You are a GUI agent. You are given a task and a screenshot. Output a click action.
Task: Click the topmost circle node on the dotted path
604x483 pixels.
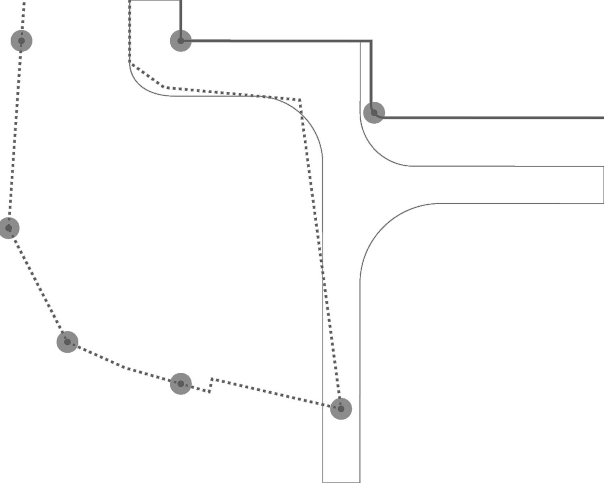(21, 41)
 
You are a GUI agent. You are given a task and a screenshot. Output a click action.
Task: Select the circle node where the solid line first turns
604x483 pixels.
(180, 41)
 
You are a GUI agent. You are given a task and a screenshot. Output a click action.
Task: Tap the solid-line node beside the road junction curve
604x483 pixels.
(374, 113)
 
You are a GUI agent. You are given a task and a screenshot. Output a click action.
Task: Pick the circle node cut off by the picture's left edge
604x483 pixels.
(8, 227)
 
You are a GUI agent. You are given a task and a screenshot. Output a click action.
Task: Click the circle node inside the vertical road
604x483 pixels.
(341, 409)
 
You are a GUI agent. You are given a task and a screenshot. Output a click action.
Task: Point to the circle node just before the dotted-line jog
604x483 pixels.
(180, 384)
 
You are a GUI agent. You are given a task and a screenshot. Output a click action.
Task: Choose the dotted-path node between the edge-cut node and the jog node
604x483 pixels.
(67, 342)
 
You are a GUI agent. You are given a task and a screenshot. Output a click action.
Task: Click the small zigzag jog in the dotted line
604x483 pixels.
(211, 385)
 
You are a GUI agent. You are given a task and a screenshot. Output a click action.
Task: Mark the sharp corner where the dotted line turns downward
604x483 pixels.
(300, 100)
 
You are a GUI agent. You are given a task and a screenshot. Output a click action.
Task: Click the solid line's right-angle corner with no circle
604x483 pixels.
(371, 41)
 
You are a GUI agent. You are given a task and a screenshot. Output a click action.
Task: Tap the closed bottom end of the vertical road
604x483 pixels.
(341, 482)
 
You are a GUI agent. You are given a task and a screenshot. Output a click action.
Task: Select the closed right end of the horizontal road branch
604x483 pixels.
(603, 185)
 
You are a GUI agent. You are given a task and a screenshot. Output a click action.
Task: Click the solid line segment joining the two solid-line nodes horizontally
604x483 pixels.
(276, 41)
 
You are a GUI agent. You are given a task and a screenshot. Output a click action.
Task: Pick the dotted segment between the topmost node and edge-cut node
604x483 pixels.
(15, 135)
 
